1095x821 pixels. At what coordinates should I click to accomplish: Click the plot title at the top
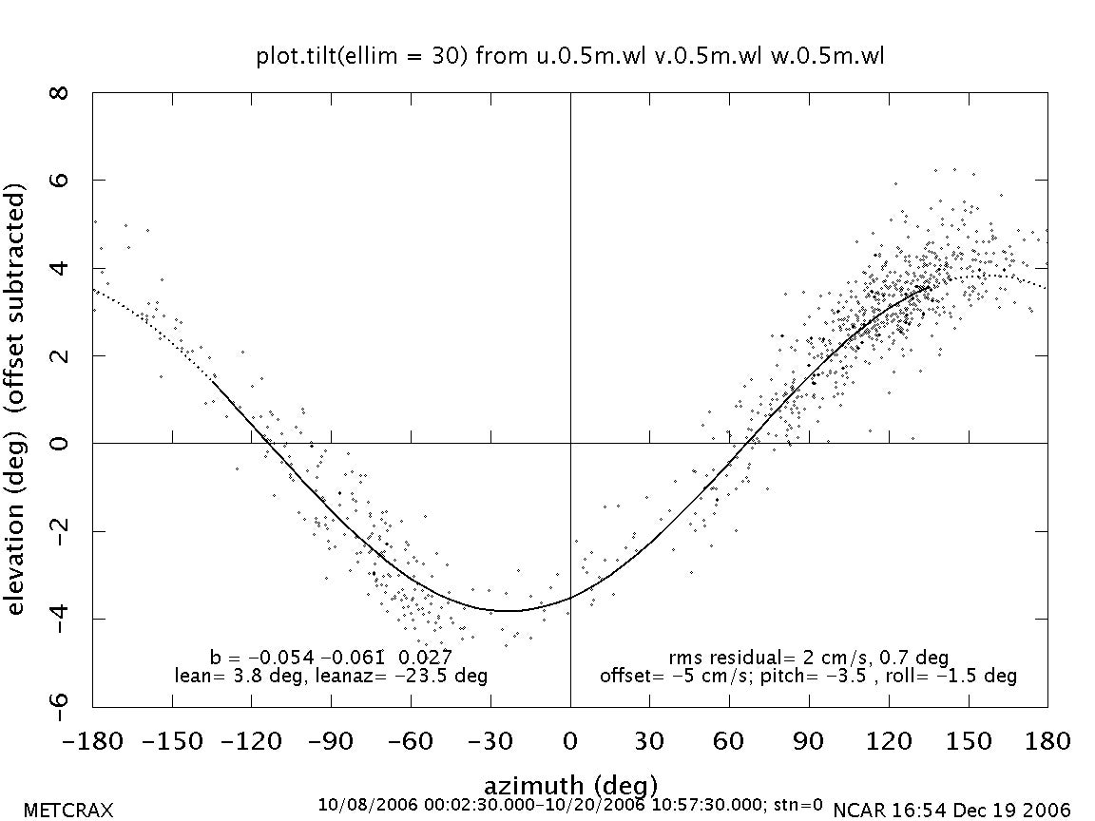(570, 56)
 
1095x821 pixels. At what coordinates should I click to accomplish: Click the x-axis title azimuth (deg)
(570, 786)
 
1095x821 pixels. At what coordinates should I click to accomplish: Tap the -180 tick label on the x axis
(92, 740)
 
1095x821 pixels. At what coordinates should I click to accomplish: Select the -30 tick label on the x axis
(490, 740)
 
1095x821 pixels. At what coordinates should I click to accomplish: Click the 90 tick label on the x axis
(809, 740)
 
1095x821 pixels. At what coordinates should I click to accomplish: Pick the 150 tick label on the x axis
(968, 740)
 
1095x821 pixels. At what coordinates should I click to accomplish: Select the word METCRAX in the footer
(67, 811)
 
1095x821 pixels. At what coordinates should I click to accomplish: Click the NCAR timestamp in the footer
(951, 811)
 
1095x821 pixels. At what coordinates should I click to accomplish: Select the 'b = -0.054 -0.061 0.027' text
(331, 658)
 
